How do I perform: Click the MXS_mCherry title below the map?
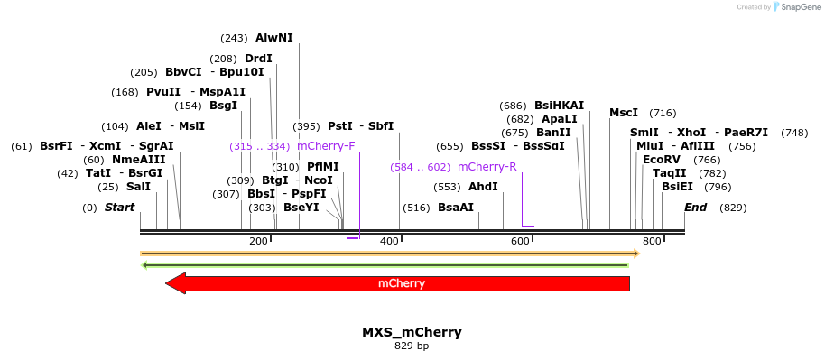click(x=412, y=332)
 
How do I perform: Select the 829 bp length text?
click(x=412, y=346)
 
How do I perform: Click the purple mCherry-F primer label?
click(x=326, y=146)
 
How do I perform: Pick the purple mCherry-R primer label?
click(x=487, y=167)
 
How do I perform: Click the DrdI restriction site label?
click(x=258, y=59)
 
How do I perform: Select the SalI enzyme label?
click(x=138, y=187)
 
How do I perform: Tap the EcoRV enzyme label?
click(x=661, y=160)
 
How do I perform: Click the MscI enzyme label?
click(x=624, y=113)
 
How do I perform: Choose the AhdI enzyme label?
click(x=483, y=187)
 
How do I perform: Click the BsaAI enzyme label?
click(x=456, y=208)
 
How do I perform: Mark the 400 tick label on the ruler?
click(x=389, y=241)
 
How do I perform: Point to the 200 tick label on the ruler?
click(x=258, y=241)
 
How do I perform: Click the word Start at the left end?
click(x=119, y=208)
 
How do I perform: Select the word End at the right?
click(x=695, y=208)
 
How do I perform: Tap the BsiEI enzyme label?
click(x=677, y=187)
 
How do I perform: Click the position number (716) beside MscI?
click(x=663, y=113)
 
